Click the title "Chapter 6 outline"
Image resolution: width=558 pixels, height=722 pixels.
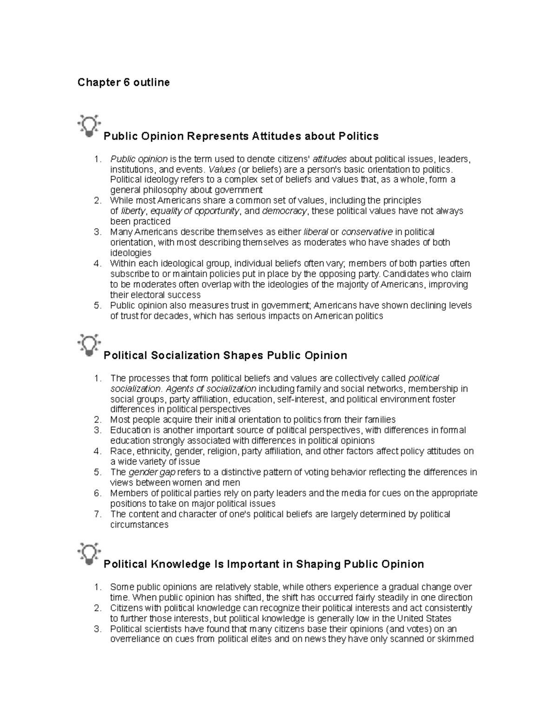(x=123, y=83)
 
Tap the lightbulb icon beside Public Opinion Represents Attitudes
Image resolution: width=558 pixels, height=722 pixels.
(x=89, y=125)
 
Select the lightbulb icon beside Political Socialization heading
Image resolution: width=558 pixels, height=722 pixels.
(x=89, y=344)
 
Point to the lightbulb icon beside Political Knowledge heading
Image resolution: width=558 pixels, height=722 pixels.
(x=89, y=553)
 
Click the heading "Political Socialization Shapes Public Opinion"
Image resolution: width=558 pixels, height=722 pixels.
(x=225, y=356)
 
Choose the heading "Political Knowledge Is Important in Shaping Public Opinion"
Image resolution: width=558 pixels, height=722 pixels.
(x=264, y=564)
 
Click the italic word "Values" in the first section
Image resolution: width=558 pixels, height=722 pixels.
(x=222, y=169)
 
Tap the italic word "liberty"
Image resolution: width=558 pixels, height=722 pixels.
(x=133, y=211)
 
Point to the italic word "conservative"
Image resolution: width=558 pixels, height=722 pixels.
(x=367, y=232)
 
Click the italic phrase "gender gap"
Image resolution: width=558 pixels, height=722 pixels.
(x=152, y=472)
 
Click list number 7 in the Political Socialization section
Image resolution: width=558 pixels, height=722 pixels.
(x=97, y=514)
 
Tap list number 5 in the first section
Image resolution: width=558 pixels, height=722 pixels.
(x=97, y=305)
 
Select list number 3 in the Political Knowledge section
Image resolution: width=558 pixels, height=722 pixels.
(x=97, y=629)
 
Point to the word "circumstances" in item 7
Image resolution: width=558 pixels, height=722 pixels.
(x=139, y=525)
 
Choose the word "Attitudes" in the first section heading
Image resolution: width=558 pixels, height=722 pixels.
(x=276, y=136)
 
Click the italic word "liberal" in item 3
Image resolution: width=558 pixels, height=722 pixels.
(x=316, y=232)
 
